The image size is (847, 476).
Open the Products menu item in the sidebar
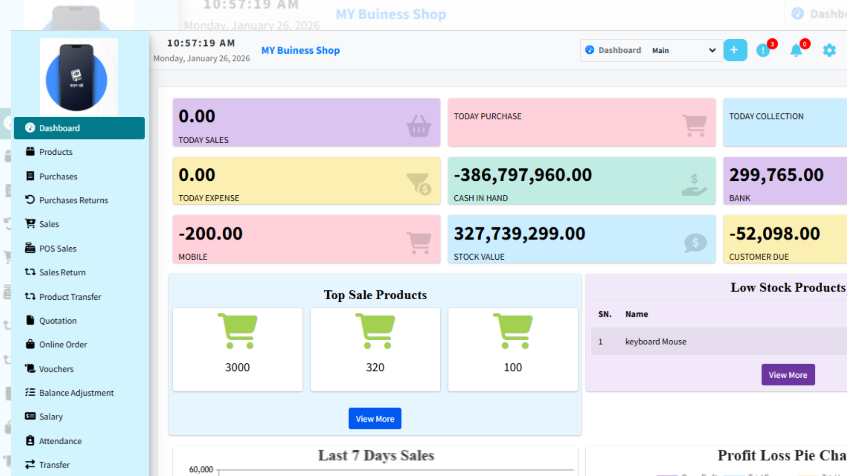tap(56, 152)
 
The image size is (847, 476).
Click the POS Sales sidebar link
tap(57, 249)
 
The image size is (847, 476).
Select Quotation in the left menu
tap(58, 321)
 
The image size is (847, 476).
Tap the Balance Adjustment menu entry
tap(76, 393)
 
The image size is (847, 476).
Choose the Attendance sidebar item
tap(60, 441)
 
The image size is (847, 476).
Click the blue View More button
tap(375, 419)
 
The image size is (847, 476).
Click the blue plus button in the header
tap(735, 50)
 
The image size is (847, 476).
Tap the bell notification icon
tap(796, 51)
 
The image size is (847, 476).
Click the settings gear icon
tap(829, 50)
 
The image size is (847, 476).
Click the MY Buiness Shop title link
tap(300, 51)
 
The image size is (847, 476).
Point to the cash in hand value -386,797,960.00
tap(523, 175)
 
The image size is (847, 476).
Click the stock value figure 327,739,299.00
tap(520, 234)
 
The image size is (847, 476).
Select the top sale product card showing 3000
tap(237, 349)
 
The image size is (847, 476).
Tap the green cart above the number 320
tap(375, 331)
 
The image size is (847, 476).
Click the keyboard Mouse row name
tap(656, 342)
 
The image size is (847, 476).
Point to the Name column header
tap(637, 314)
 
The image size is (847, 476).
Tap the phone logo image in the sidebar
tap(77, 78)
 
